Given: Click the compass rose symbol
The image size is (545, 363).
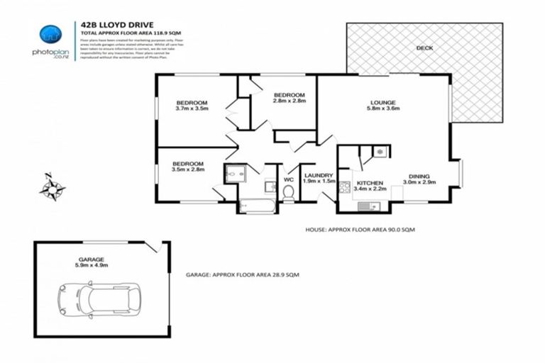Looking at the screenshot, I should tap(53, 188).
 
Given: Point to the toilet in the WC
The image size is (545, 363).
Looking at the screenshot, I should tap(288, 191).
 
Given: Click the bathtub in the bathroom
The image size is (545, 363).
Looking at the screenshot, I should tap(257, 206).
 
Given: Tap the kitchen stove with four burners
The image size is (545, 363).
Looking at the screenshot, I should tap(346, 188).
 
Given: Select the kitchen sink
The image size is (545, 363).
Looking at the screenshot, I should tap(368, 206).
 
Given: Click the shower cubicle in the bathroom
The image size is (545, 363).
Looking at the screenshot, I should tap(233, 174).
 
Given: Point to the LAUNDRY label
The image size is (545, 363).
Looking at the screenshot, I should tap(319, 174).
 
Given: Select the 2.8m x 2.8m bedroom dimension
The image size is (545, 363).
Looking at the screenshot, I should tap(290, 101).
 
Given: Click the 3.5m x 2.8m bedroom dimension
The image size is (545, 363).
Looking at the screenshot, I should tap(187, 169).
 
